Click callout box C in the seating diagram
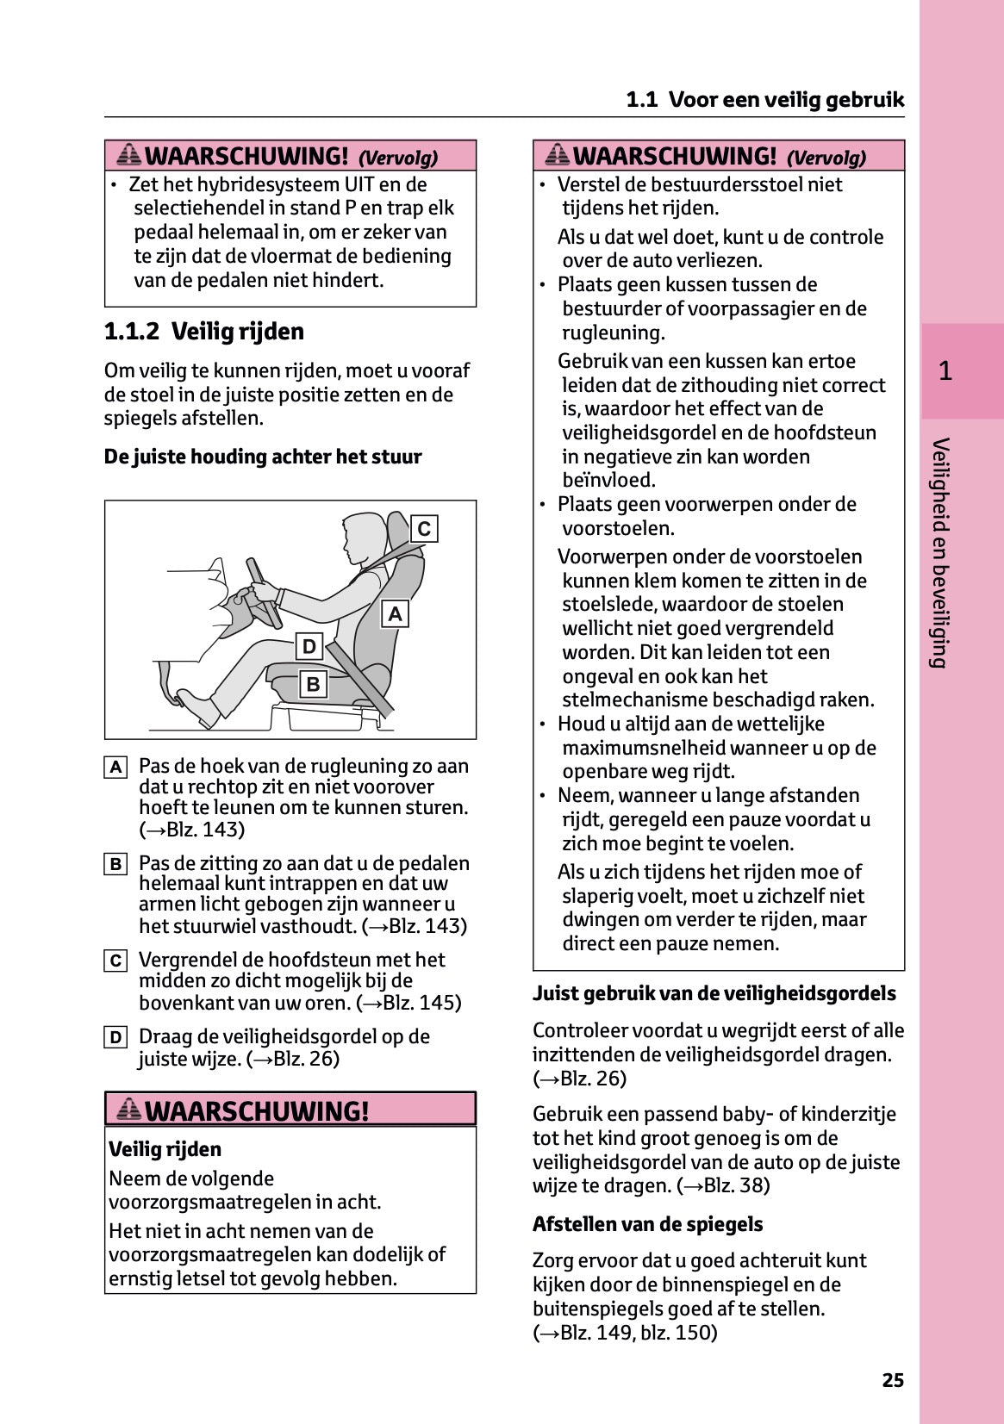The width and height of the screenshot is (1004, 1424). pos(424,528)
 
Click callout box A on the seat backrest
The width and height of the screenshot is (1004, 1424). pos(395,613)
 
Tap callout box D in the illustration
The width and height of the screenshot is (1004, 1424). pos(309,646)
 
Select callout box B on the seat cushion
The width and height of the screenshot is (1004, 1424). pos(313,684)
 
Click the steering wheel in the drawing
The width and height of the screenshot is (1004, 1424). pos(264,594)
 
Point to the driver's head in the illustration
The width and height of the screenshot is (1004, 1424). pos(363,534)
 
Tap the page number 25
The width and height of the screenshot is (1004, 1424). pos(893,1380)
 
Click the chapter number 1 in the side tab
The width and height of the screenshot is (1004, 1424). pos(945,371)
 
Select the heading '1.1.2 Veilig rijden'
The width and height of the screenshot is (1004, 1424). pos(204,332)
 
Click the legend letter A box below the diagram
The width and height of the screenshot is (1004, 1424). pos(115,767)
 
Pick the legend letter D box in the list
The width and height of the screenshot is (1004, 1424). pos(115,1037)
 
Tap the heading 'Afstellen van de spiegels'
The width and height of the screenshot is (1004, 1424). pos(647,1224)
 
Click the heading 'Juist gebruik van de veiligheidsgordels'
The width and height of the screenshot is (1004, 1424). pos(714,993)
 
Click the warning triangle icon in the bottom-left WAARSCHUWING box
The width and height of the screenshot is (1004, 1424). pos(128,1110)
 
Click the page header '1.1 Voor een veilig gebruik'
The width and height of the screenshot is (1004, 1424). pos(764,100)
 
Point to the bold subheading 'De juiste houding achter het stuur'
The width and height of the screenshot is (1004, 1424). pos(263,457)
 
